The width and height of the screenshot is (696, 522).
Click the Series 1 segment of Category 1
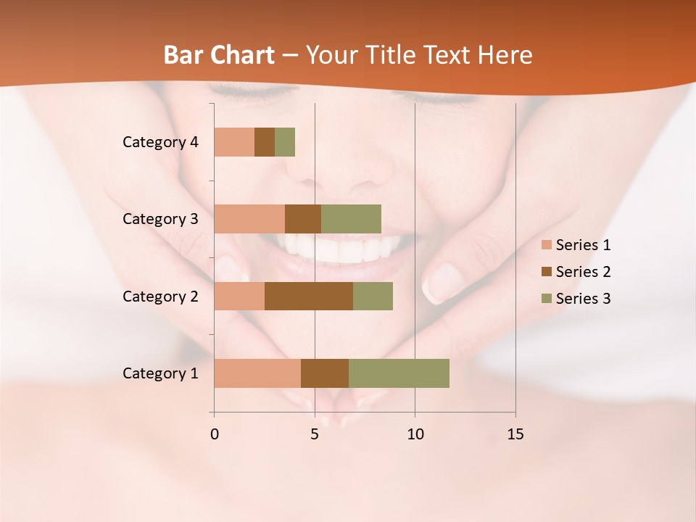click(x=257, y=373)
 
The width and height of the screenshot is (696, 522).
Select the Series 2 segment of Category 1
click(x=325, y=373)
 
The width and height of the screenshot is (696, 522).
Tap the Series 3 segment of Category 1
click(x=399, y=373)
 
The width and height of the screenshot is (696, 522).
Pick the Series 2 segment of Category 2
click(x=309, y=296)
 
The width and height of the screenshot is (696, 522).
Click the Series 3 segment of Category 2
click(x=373, y=296)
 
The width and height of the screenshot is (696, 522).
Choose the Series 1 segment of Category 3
click(x=249, y=219)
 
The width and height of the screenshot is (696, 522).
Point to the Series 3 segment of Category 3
click(x=351, y=219)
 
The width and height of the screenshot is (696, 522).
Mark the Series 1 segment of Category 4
click(x=234, y=142)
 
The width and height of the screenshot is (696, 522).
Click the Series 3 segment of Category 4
click(x=285, y=142)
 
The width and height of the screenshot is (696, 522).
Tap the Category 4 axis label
click(x=160, y=142)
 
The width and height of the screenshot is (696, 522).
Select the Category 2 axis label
click(x=160, y=296)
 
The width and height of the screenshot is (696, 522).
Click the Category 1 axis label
click(x=160, y=373)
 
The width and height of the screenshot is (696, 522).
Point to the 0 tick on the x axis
click(x=215, y=434)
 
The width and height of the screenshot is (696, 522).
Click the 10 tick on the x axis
click(x=415, y=434)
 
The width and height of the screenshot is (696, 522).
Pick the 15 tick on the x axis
click(x=515, y=434)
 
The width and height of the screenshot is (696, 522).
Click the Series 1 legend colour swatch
click(x=547, y=245)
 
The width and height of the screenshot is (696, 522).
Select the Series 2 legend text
click(x=583, y=272)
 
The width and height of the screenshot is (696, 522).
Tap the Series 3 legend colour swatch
click(x=547, y=299)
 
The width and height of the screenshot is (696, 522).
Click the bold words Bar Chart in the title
click(x=219, y=55)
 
